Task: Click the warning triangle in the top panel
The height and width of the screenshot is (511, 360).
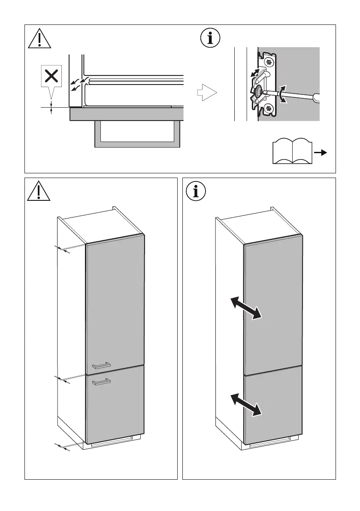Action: [39, 39]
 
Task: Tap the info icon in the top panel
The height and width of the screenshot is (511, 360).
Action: [210, 38]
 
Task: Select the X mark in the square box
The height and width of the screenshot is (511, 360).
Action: [51, 77]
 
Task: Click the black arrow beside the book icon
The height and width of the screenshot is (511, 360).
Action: [321, 152]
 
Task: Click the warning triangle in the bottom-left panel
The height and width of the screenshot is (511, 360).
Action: [39, 192]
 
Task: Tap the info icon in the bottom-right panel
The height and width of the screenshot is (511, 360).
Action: [197, 192]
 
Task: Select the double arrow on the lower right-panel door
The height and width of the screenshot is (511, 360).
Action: [245, 405]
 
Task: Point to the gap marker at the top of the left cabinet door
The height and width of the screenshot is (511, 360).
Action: [63, 249]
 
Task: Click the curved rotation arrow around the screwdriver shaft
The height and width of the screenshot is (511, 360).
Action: [281, 94]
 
